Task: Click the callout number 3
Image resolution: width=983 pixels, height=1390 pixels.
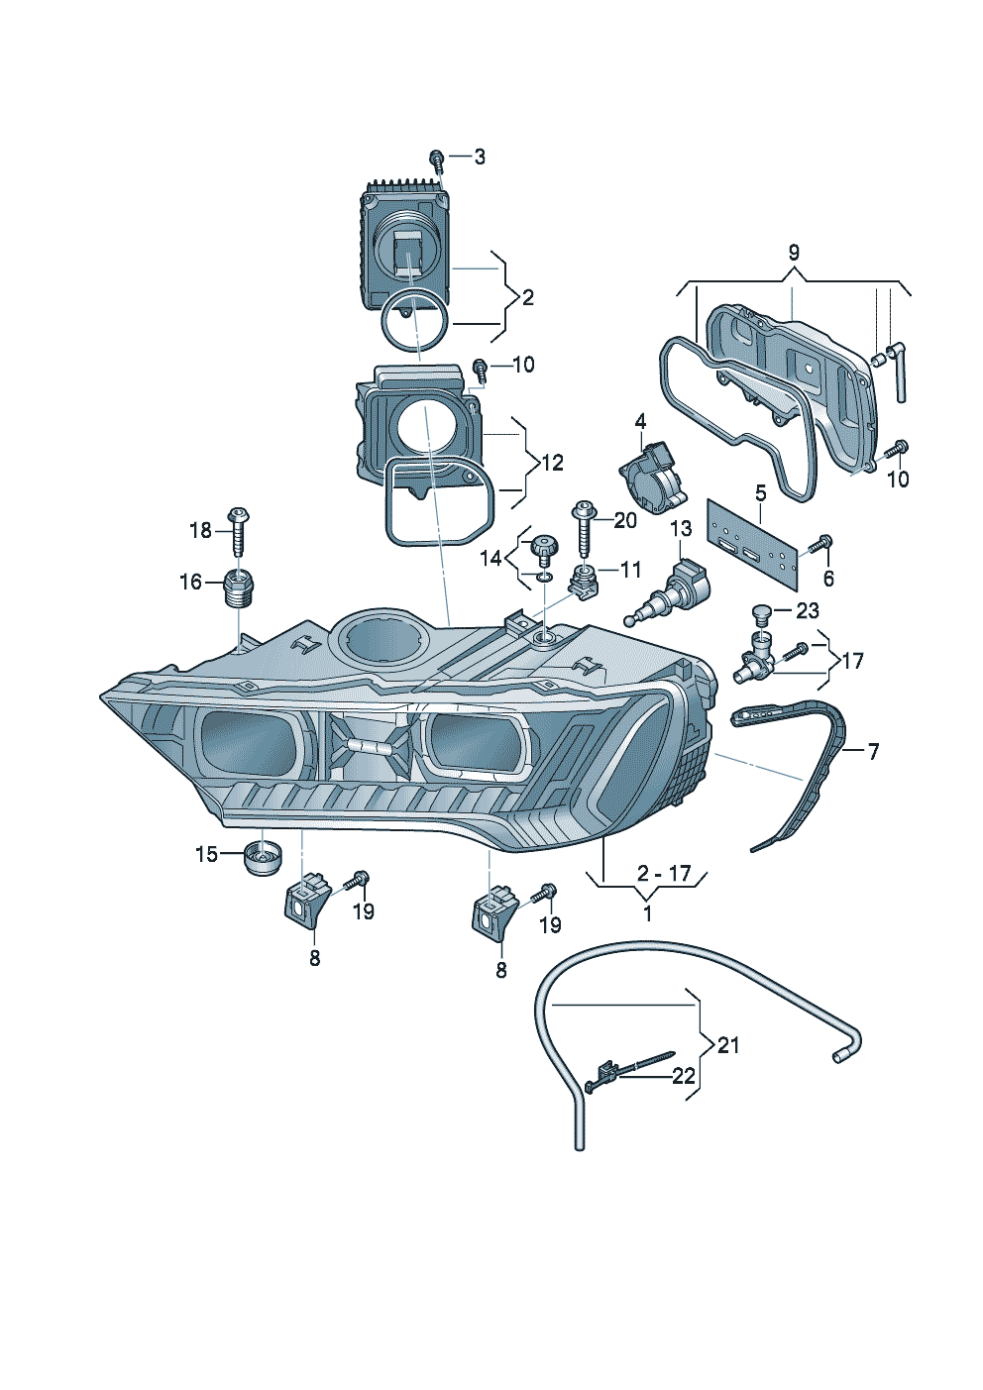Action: coord(480,157)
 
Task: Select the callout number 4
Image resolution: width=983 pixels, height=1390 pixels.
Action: coord(640,422)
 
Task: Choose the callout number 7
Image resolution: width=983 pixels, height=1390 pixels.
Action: coord(873,752)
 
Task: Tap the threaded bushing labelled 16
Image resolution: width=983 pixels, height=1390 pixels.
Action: coord(239,588)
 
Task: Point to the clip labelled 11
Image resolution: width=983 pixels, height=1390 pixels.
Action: coord(584,582)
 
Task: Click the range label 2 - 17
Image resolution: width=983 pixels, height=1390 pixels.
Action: coord(664,873)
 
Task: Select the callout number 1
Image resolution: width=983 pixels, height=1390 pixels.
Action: coord(648,913)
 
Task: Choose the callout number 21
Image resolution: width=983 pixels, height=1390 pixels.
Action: coord(728,1044)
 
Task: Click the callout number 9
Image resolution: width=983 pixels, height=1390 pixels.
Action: coord(793,252)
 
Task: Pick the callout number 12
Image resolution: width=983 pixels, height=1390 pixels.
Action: coord(551,462)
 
